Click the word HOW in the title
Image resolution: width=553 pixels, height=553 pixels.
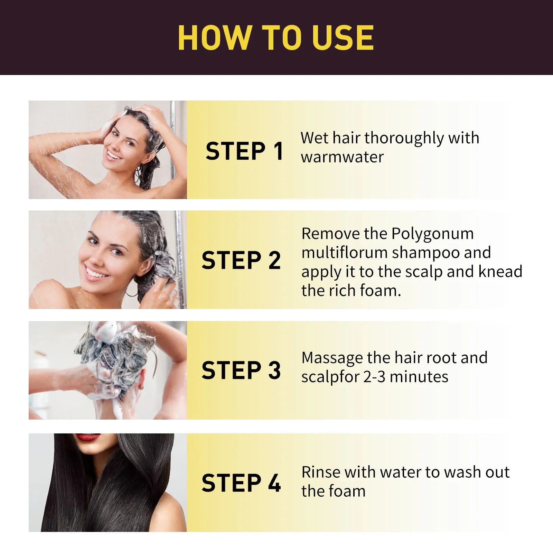click(214, 38)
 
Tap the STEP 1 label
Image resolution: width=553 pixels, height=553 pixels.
click(244, 151)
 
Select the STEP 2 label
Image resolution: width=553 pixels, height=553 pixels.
click(241, 260)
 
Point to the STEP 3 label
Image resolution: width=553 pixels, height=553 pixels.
click(241, 370)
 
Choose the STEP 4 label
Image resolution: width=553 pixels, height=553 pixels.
click(241, 483)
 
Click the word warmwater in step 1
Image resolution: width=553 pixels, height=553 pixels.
click(342, 157)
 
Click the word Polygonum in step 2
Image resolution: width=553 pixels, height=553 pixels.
click(432, 234)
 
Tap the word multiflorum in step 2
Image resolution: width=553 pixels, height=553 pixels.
click(344, 253)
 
